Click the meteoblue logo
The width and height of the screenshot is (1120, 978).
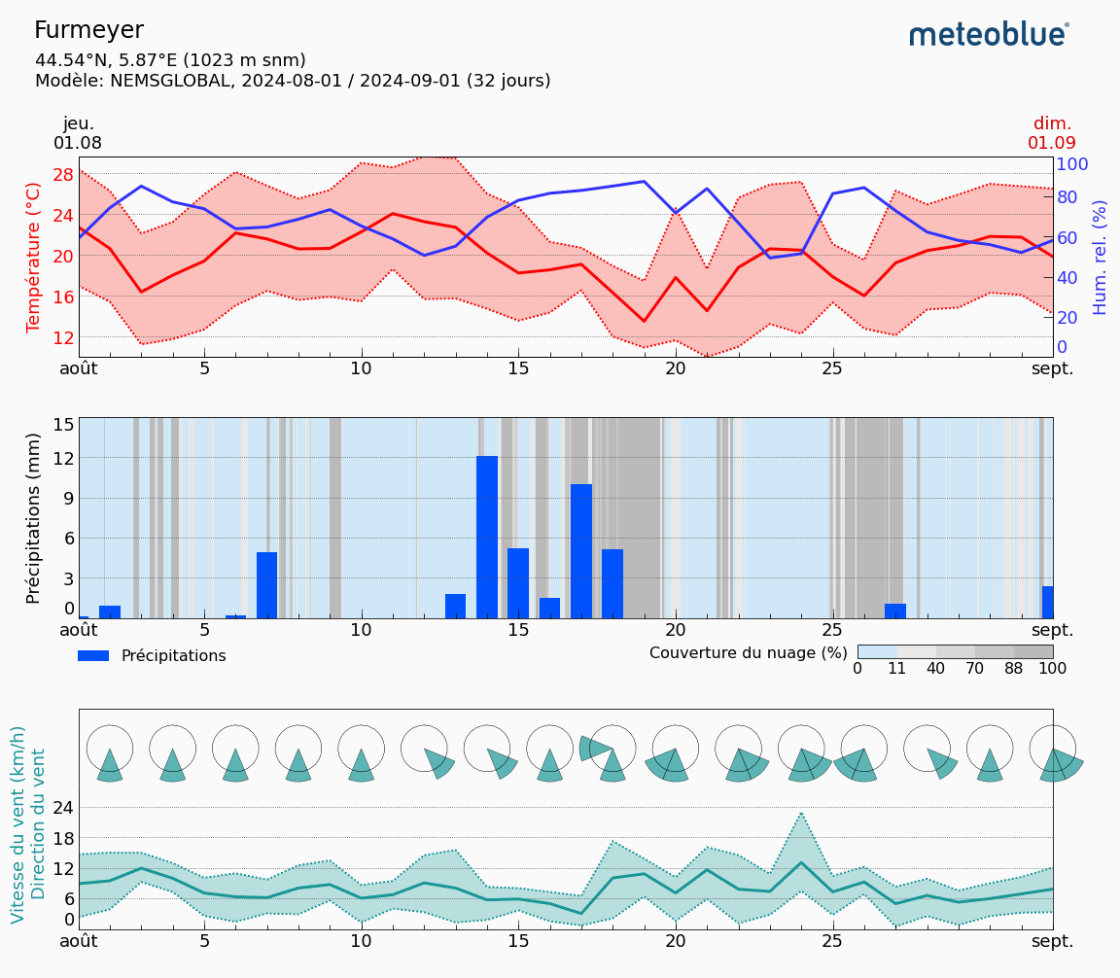988,35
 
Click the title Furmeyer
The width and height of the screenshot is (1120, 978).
88,30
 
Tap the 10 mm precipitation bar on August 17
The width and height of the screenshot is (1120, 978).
581,550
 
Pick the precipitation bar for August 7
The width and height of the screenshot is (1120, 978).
266,584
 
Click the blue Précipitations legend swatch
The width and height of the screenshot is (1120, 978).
93,656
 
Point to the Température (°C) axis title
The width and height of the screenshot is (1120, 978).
34,257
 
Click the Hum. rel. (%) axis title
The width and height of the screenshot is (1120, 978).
1100,257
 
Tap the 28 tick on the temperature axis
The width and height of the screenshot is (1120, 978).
63,175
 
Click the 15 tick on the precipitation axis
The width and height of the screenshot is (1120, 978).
63,425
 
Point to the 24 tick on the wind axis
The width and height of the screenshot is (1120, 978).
63,808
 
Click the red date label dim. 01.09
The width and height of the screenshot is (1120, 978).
1052,133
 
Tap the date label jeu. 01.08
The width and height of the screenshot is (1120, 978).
78,133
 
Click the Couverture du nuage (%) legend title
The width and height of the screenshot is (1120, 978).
748,652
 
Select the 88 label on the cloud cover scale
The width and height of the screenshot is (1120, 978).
1014,669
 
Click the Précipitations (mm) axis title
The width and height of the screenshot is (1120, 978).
34,518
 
